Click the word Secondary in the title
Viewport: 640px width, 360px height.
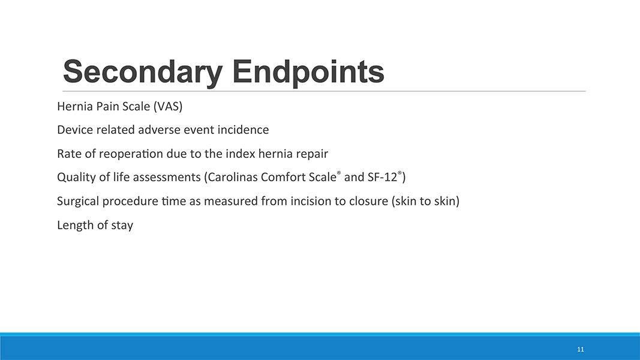point(143,72)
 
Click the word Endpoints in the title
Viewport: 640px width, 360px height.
point(308,72)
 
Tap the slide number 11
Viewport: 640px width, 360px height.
point(581,349)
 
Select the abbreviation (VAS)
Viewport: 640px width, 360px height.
point(168,107)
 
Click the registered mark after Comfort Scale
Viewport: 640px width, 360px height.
point(339,173)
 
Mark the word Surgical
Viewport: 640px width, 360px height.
point(78,201)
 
